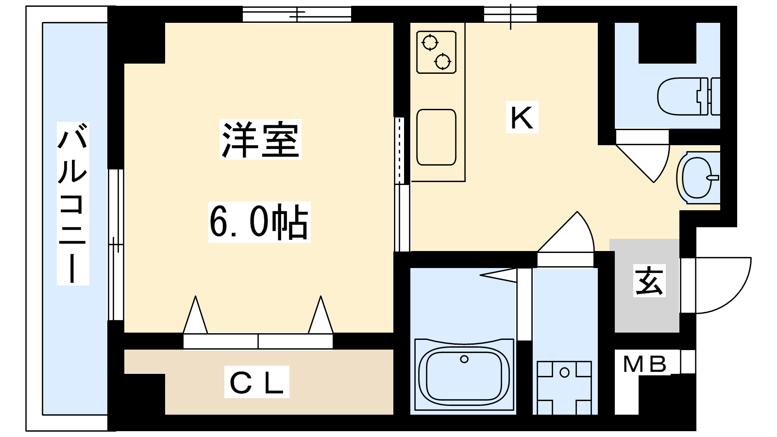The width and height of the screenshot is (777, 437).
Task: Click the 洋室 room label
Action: coord(260,139)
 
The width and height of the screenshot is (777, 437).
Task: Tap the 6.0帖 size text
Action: coord(259,222)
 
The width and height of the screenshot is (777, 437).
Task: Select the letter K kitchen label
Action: coord(522,117)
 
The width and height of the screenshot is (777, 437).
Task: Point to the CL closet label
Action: coord(256,382)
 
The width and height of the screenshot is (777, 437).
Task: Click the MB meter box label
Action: coord(645,364)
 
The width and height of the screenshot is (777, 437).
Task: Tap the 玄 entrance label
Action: coord(649,280)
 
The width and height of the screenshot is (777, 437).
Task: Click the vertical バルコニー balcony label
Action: coord(73,203)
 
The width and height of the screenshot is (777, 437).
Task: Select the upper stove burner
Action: coord(430,43)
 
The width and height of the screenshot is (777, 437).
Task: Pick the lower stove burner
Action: coord(442,62)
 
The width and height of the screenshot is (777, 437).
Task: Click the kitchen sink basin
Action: coord(436,137)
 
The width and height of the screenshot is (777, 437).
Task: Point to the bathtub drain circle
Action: coord(464,359)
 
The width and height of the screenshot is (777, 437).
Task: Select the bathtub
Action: coord(464,376)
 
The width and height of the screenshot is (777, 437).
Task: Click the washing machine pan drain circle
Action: coord(564,372)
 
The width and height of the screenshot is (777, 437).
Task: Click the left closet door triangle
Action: coord(195,315)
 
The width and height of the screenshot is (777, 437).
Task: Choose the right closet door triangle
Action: coord(321,315)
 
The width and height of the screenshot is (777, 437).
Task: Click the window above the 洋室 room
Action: coord(297,14)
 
